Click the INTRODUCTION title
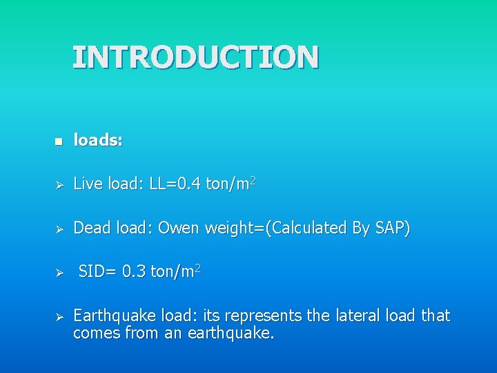(195, 57)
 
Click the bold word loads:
(98, 140)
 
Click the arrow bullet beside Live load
(59, 185)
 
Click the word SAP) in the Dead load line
(393, 228)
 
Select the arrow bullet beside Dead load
(59, 229)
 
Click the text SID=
(97, 272)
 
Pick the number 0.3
(133, 272)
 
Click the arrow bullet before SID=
(59, 274)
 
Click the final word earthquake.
(233, 334)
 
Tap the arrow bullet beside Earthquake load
(59, 318)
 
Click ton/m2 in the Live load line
(231, 183)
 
